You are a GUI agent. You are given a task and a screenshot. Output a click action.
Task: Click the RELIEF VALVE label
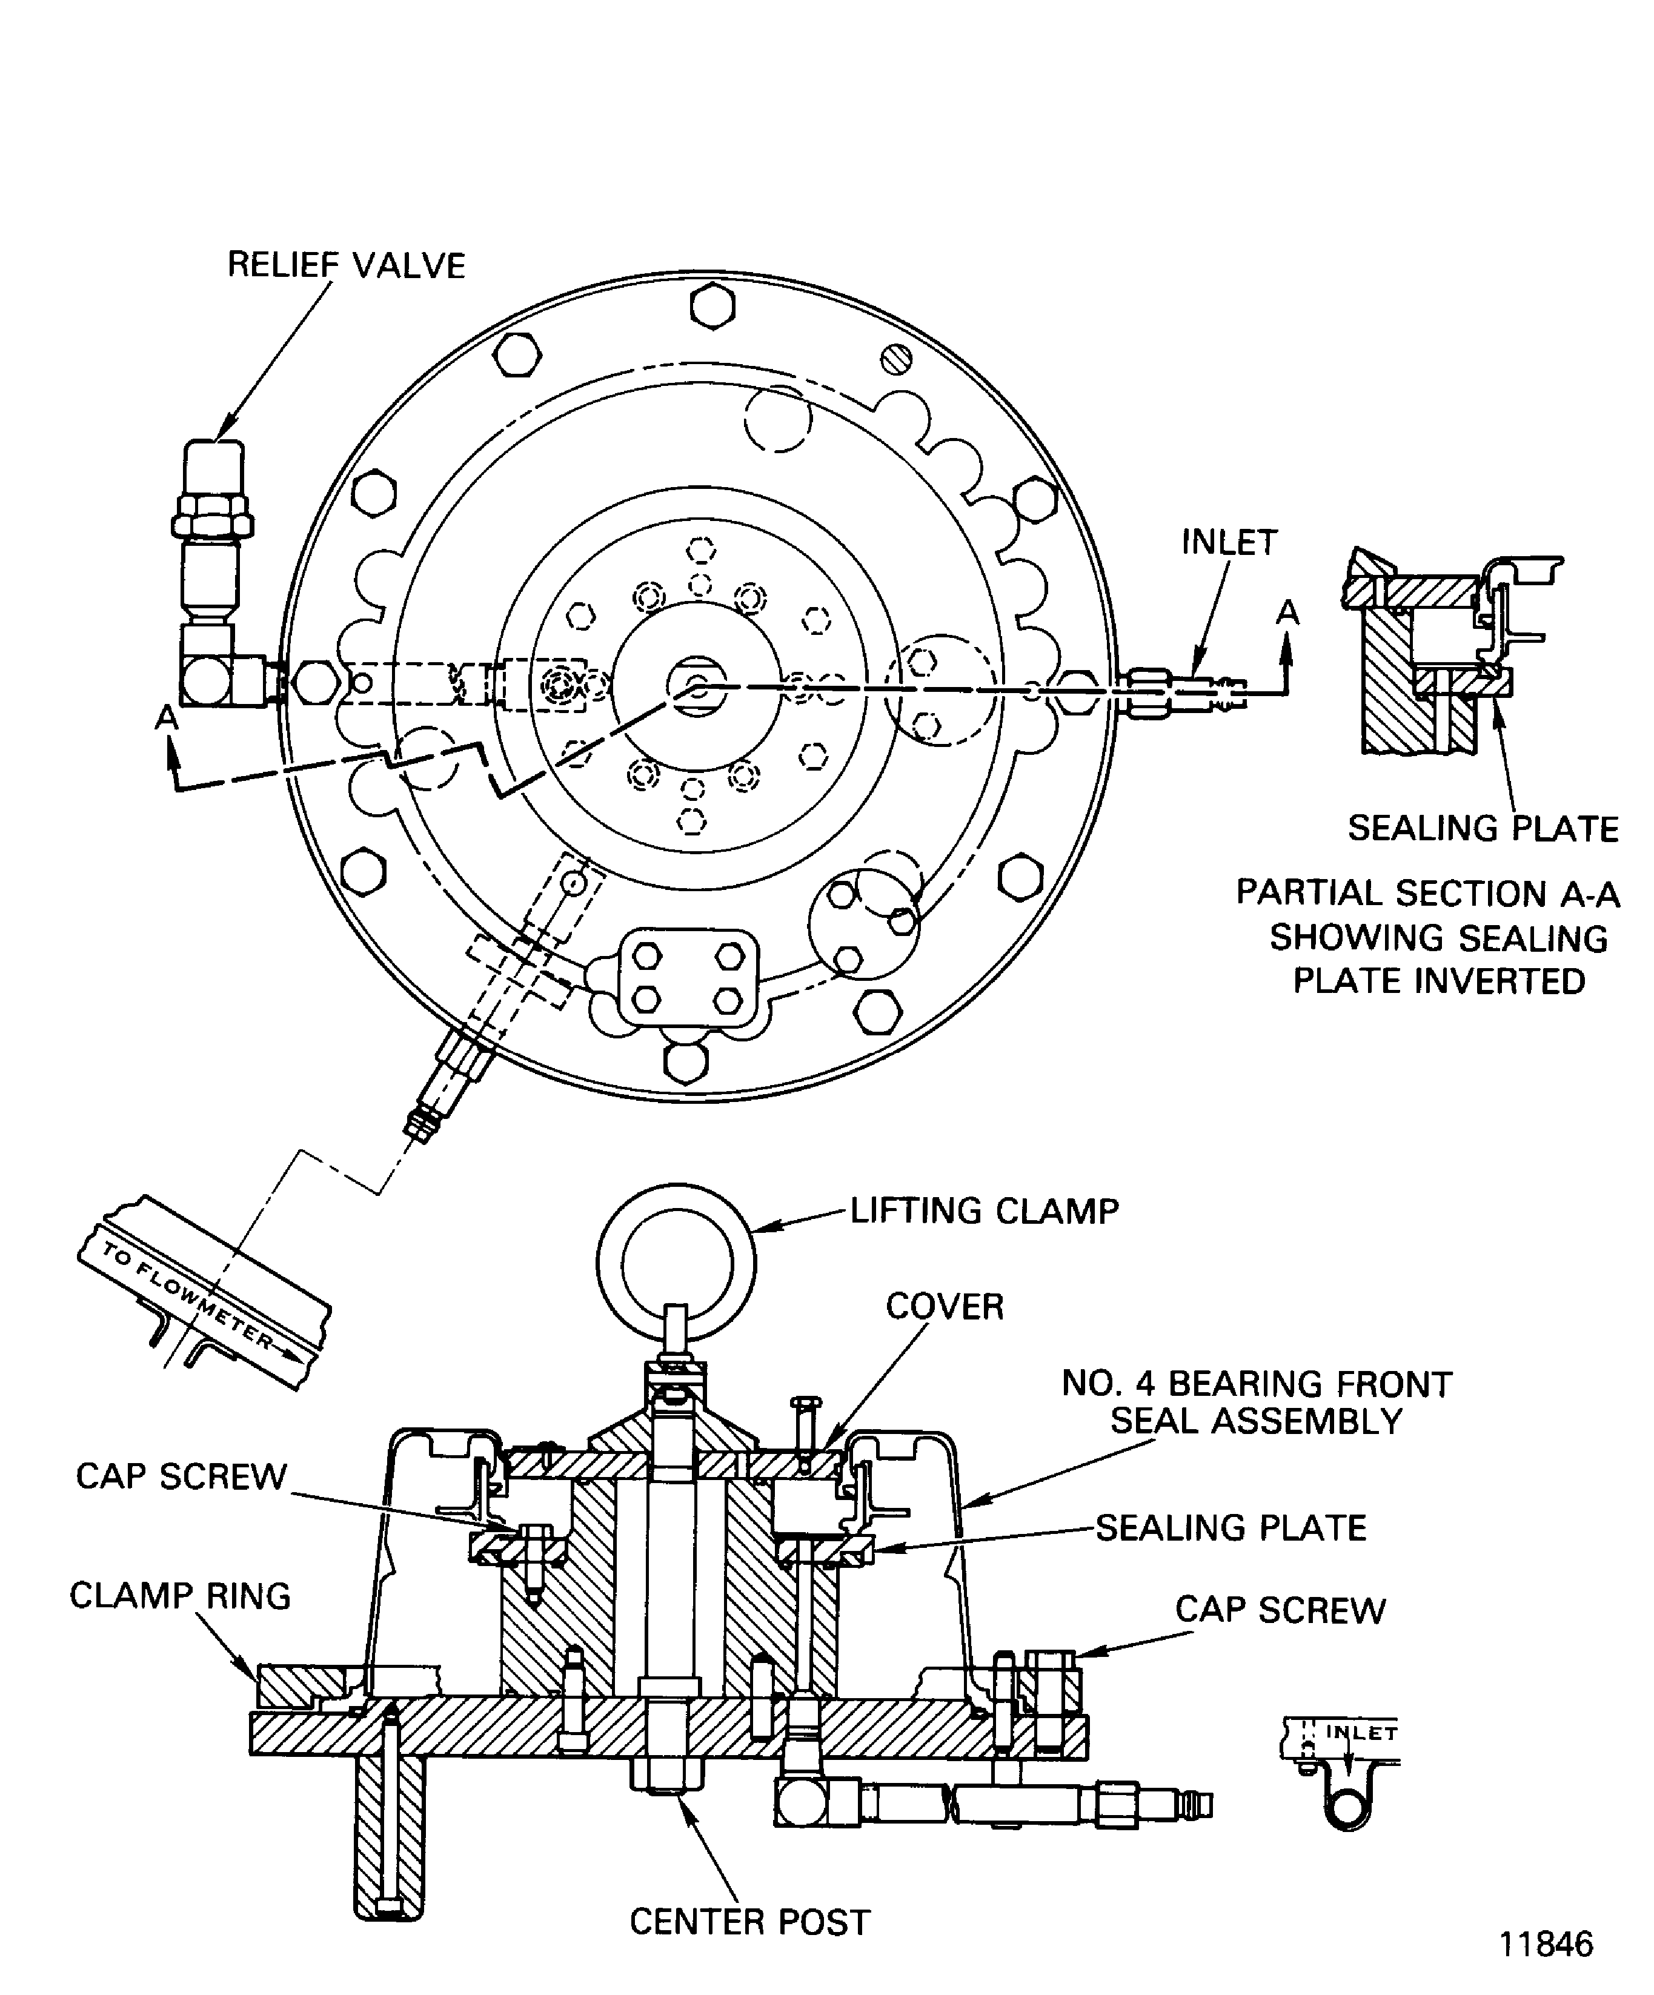click(x=346, y=265)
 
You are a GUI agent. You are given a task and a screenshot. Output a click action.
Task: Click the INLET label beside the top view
click(x=1229, y=542)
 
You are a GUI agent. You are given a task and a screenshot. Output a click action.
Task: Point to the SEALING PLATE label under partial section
click(x=1482, y=828)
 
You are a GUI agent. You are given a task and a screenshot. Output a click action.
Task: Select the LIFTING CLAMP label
click(x=985, y=1211)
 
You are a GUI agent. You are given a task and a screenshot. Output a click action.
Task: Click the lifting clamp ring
click(x=676, y=1264)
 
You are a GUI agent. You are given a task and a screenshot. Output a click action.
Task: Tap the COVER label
click(x=945, y=1306)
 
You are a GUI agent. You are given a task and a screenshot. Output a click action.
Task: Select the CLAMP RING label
click(x=179, y=1595)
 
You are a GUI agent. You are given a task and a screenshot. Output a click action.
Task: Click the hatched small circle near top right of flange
click(x=895, y=359)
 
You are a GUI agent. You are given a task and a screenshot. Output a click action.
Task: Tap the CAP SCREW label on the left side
click(x=181, y=1476)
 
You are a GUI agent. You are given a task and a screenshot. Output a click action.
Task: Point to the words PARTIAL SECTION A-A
click(x=1427, y=893)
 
